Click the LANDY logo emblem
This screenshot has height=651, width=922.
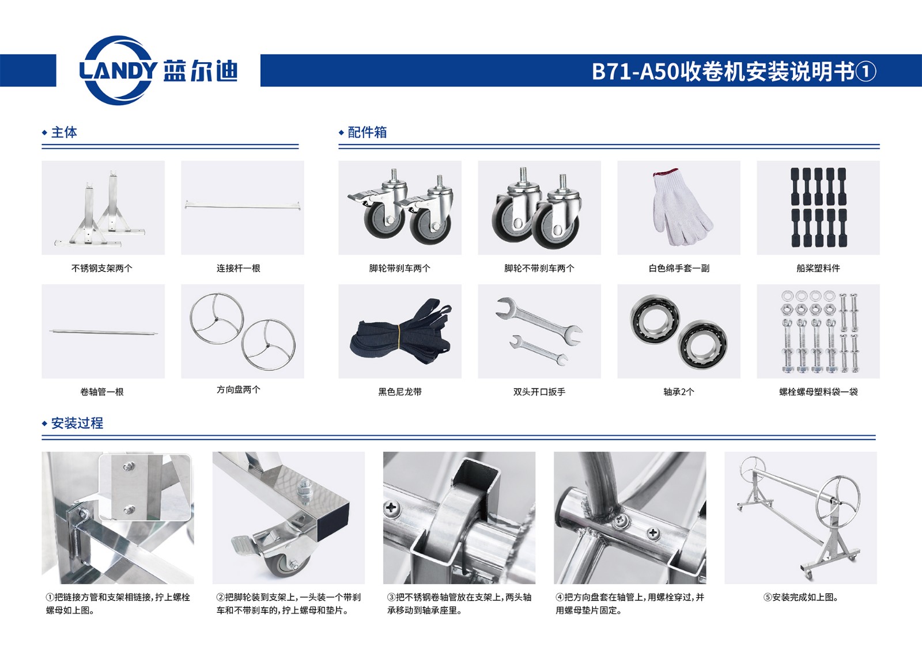[x=118, y=70]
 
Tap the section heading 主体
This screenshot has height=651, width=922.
[x=64, y=132]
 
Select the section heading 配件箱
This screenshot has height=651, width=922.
[x=367, y=132]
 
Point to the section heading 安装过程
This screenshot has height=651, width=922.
[x=77, y=423]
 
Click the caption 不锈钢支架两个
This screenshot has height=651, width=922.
[x=102, y=269]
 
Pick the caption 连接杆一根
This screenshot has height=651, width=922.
[x=239, y=269]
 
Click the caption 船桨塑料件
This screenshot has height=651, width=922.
[x=818, y=269]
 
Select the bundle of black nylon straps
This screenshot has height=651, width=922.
[x=400, y=333]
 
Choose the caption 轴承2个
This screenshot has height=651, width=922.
[x=679, y=392]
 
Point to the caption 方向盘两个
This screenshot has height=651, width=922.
[x=239, y=390]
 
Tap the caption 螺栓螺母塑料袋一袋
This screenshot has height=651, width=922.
[x=818, y=392]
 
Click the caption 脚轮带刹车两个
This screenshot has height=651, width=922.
[x=400, y=269]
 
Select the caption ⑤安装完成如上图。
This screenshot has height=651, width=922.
[x=801, y=597]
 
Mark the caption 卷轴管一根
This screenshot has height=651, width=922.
[x=102, y=392]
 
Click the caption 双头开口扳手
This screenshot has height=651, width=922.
[x=539, y=392]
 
